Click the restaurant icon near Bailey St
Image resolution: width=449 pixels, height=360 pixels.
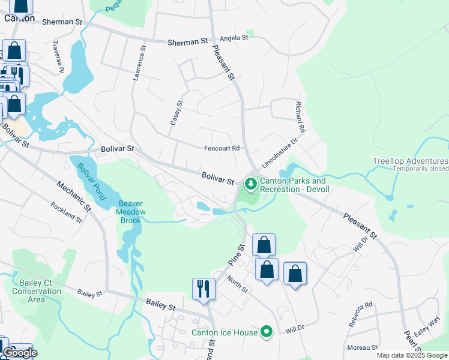click(x=203, y=289)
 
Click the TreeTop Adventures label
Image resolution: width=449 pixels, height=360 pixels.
click(x=410, y=161)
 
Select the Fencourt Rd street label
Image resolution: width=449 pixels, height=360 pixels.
click(x=222, y=148)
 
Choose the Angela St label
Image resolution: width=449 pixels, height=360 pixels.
click(x=234, y=38)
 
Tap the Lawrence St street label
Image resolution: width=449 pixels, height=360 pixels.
click(x=139, y=62)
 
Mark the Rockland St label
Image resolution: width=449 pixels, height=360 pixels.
click(x=66, y=213)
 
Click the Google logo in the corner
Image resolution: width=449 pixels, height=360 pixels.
click(x=20, y=353)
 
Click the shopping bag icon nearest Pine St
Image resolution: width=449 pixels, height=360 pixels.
click(x=264, y=245)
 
